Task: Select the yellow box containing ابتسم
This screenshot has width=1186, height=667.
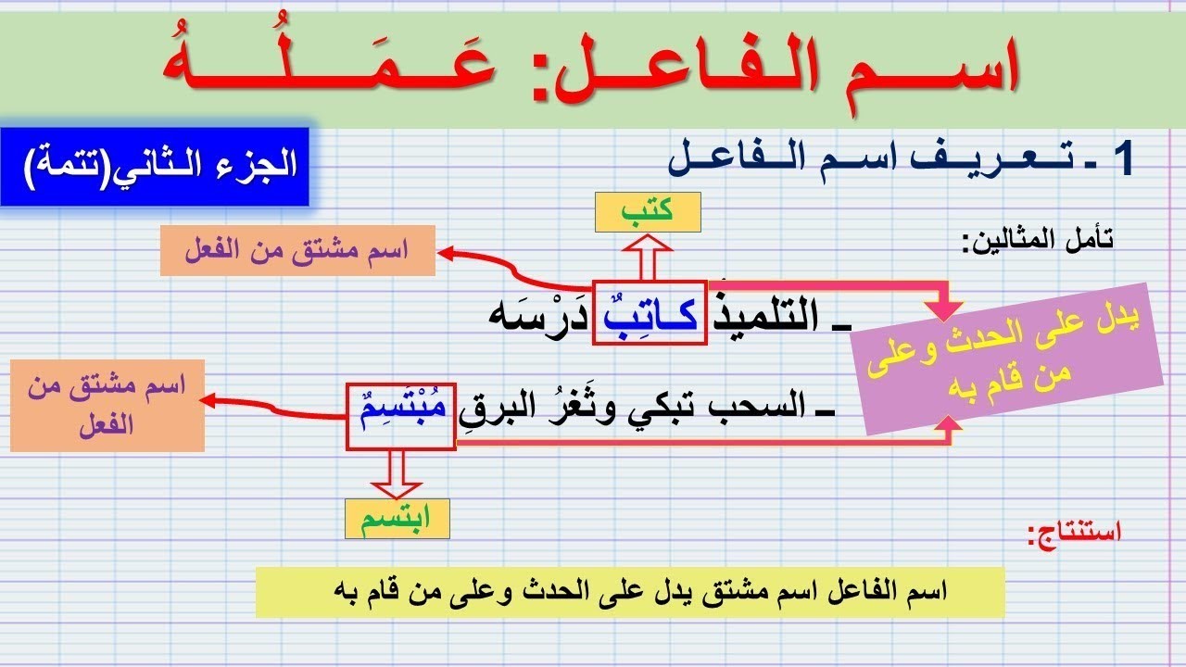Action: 397,520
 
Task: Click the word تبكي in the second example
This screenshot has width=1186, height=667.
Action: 697,409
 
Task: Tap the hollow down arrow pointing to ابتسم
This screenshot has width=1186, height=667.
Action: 397,474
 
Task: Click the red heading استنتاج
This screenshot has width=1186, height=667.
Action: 1074,533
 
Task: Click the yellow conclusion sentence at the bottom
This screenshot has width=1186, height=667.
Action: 629,592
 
